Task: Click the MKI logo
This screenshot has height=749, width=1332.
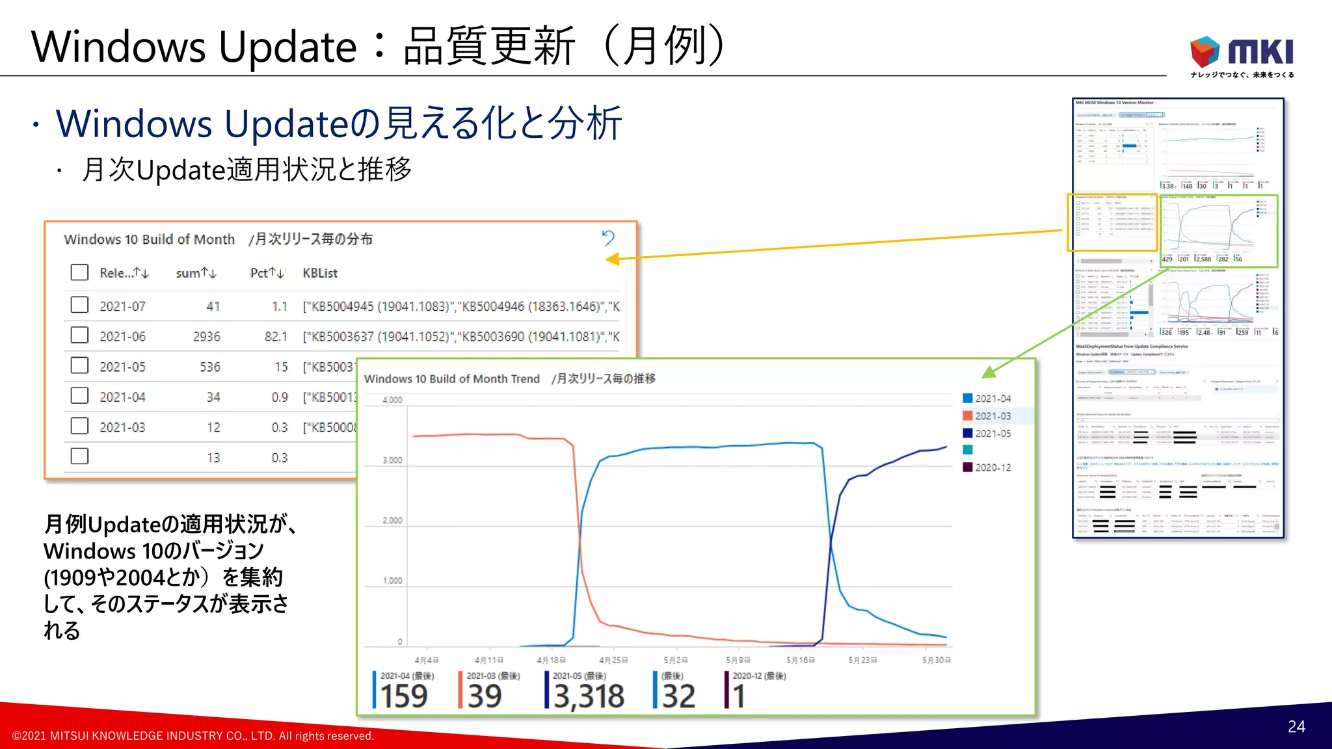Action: (1242, 56)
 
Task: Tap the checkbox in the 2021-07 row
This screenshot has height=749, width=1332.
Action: (79, 305)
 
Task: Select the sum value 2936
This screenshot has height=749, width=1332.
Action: (206, 337)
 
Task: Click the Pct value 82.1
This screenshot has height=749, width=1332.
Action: (276, 337)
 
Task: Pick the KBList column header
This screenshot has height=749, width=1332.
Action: (320, 274)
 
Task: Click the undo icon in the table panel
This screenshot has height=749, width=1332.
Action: (608, 238)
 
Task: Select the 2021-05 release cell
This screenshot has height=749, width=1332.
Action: (122, 367)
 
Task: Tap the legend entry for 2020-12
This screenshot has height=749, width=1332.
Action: (992, 467)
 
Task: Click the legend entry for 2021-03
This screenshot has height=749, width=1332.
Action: (992, 416)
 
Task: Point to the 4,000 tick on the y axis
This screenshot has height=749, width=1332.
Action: (392, 400)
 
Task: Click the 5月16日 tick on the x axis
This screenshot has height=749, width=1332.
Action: (800, 660)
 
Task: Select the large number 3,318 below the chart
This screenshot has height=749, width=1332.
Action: (589, 697)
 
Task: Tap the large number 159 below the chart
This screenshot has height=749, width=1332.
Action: (404, 697)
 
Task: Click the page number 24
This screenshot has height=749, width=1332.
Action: (1296, 727)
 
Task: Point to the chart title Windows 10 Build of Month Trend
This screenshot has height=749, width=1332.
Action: (452, 379)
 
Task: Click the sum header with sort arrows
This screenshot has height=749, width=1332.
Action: (196, 274)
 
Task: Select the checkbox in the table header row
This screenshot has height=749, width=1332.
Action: (79, 272)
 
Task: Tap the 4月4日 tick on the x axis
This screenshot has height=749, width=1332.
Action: (427, 660)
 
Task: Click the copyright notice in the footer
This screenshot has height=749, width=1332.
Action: (193, 736)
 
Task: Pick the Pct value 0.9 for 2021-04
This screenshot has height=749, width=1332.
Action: (280, 397)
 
